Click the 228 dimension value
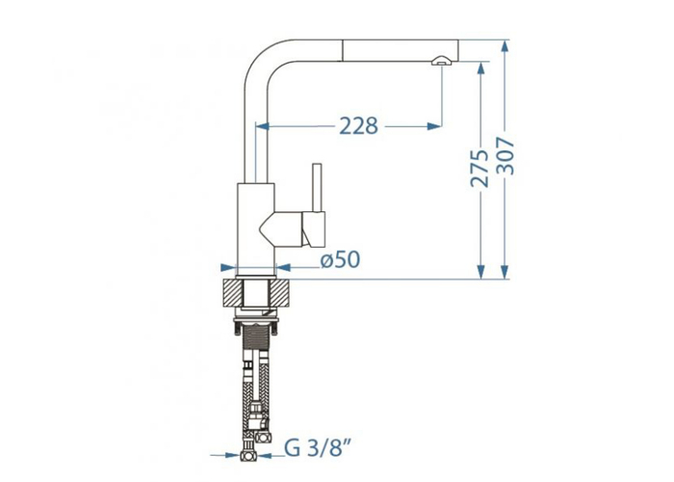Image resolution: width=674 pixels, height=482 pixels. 359,125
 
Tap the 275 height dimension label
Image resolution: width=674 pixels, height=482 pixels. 480,169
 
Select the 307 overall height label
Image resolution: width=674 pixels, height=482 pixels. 505,156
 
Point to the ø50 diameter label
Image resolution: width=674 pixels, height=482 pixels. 341,259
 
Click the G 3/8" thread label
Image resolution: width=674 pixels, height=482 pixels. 316,449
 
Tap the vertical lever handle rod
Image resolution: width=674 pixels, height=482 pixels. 317,188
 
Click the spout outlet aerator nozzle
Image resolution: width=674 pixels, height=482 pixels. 441,61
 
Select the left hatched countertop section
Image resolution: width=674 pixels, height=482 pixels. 233,293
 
